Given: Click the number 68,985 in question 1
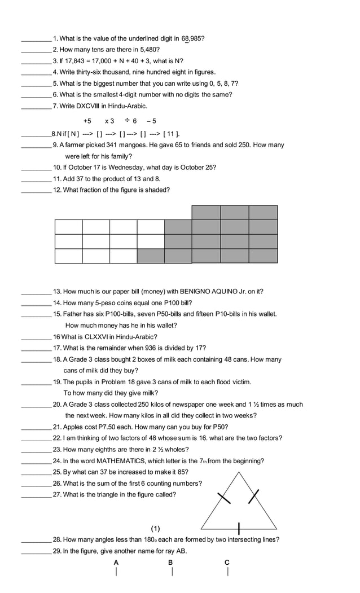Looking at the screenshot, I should pyautogui.click(x=193, y=38).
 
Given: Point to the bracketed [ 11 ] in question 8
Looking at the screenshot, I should pyautogui.click(x=172, y=134).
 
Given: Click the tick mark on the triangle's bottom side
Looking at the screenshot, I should pyautogui.click(x=239, y=529).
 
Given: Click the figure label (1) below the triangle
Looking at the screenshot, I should pyautogui.click(x=155, y=529).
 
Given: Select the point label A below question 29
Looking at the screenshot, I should pyautogui.click(x=116, y=563).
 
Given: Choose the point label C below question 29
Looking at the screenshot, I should pyautogui.click(x=227, y=563).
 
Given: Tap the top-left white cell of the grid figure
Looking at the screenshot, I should pyautogui.click(x=68, y=226).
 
